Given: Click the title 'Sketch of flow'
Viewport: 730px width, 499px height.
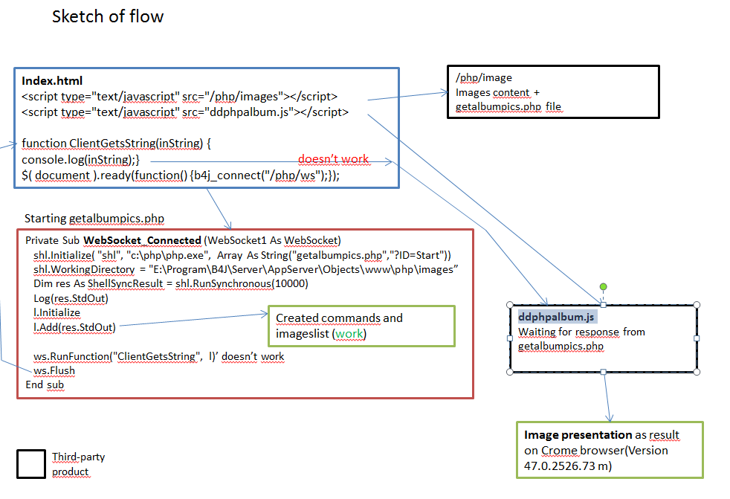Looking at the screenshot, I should pos(108,16).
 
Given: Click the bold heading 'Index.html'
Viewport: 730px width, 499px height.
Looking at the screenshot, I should pos(52,81).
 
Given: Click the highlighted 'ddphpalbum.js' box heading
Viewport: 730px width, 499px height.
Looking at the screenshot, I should pos(556,317).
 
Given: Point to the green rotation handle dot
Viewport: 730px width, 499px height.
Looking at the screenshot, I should pos(603,287).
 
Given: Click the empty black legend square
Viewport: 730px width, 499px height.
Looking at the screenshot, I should pos(31,463).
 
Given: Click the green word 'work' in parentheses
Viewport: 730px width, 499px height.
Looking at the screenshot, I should pos(349,334).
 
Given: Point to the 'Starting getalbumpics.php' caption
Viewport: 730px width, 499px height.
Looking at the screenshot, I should pos(94,219).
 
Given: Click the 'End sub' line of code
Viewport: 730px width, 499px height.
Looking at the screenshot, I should pos(44,385).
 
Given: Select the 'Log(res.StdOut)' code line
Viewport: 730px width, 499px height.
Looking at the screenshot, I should pos(71,298).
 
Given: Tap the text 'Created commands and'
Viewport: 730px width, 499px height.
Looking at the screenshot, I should pos(339,318).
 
